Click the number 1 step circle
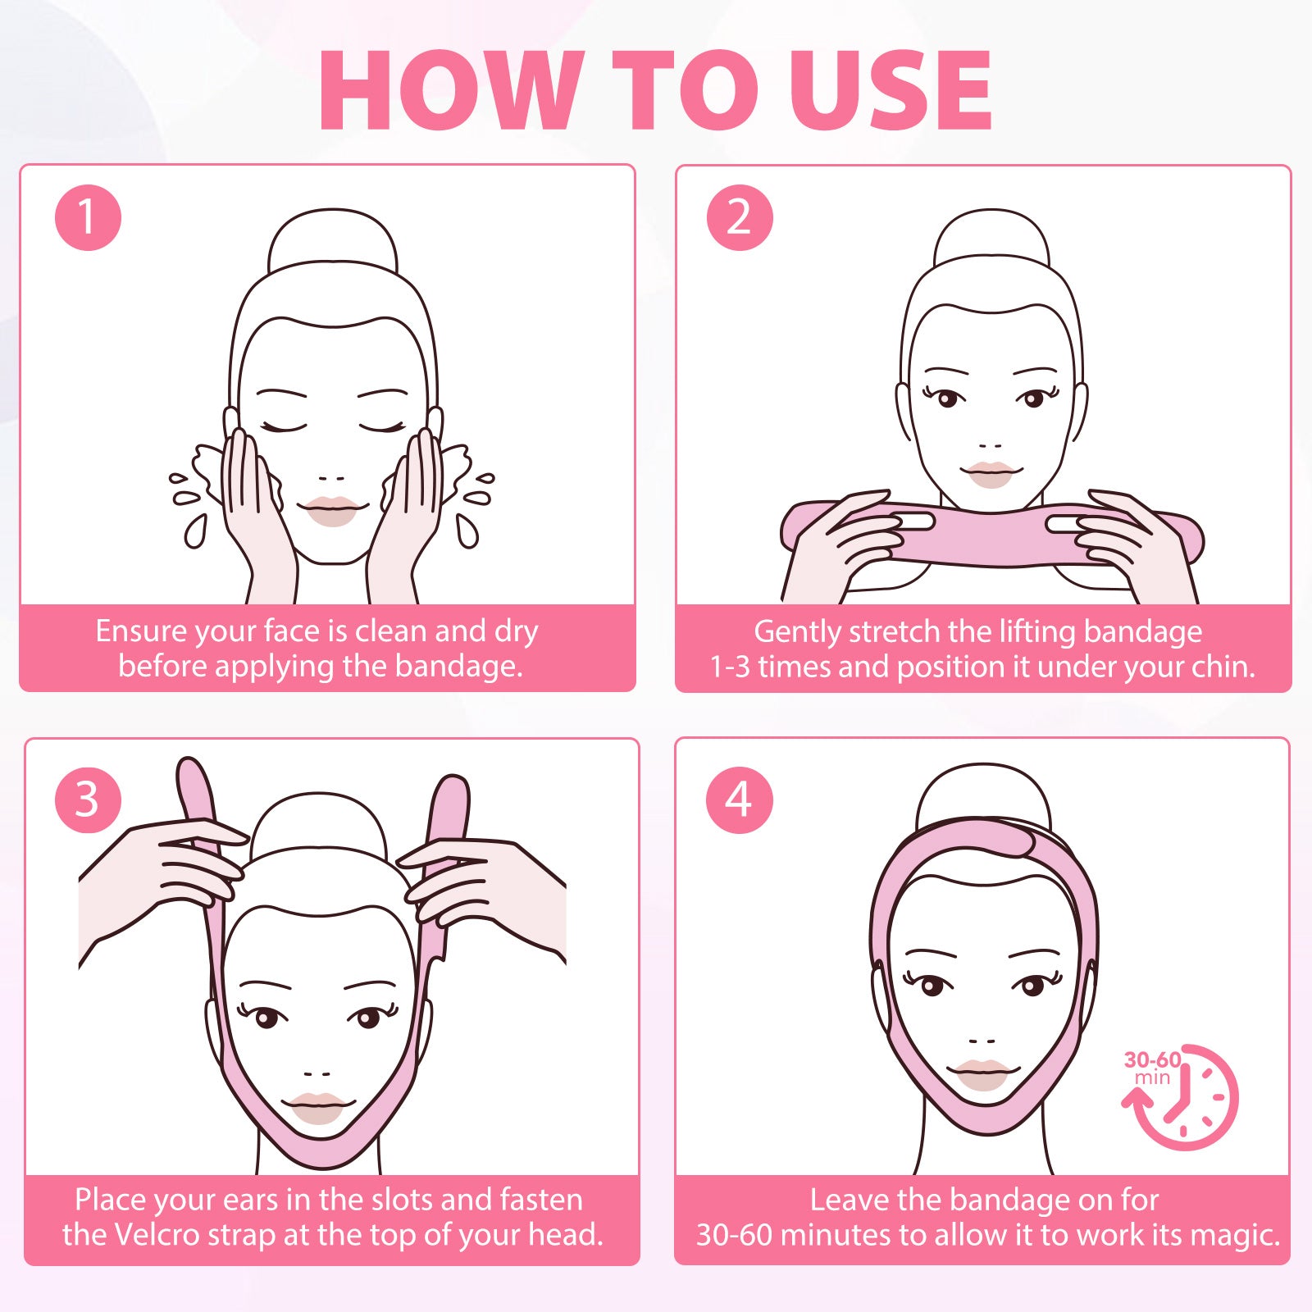(88, 217)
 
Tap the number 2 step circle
(740, 217)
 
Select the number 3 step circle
(88, 799)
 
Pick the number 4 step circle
(739, 799)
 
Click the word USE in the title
(891, 89)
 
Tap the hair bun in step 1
(333, 239)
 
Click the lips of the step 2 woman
(991, 473)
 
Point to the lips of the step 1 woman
(332, 510)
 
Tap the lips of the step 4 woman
(982, 1073)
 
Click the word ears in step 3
(250, 1200)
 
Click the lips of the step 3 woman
(317, 1107)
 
